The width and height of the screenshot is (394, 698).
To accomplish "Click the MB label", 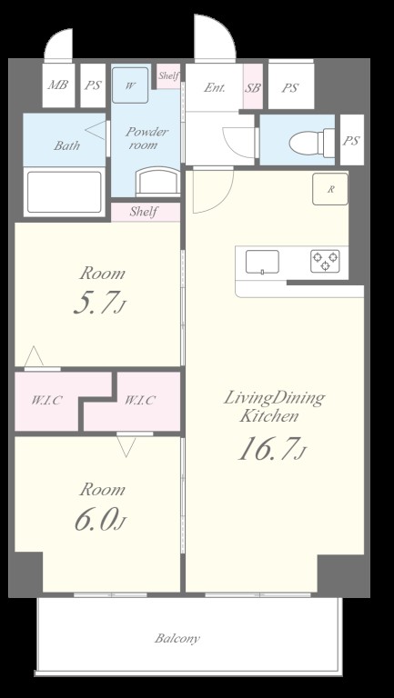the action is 58,85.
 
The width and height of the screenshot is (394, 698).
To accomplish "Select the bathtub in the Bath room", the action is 65,192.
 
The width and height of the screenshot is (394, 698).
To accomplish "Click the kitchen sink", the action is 262,262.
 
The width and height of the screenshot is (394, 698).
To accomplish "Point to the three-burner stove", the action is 325,262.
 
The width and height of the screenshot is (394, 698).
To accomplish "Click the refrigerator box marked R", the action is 329,189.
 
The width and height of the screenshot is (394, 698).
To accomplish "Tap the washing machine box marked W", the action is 130,85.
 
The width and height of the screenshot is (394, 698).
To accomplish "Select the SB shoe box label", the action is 252,87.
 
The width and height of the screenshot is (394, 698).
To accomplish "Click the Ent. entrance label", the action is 215,87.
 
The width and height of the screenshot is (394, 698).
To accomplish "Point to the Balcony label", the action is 177,639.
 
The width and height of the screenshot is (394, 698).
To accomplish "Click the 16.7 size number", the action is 272,450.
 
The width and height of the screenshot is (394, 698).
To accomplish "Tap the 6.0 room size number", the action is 100,521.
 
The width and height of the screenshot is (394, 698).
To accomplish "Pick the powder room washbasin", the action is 157,182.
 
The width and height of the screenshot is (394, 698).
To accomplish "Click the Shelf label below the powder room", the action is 143,212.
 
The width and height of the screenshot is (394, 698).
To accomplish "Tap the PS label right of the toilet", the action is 351,141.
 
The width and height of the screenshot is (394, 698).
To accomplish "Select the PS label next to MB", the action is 93,85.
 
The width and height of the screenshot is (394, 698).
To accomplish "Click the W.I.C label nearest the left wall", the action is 46,400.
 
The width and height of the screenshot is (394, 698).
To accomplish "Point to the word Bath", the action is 66,145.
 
